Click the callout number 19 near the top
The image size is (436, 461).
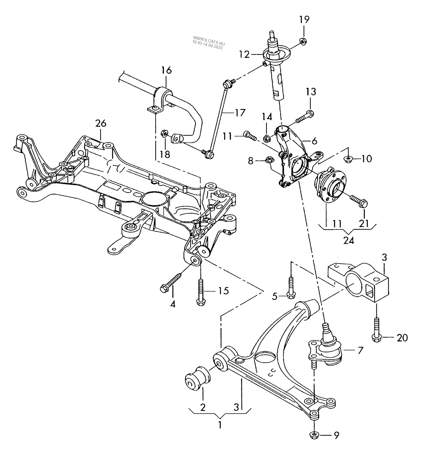coord(304,19)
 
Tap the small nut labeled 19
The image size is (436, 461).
coord(302,42)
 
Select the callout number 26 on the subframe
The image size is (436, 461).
coord(101,123)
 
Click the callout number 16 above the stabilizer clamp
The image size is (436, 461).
coord(167,70)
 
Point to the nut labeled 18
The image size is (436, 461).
coord(164,134)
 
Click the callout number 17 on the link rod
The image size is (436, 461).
coord(240,113)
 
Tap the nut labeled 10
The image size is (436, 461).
coord(347,159)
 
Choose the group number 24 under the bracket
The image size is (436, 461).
coord(349,241)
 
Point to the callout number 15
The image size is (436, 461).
coord(224,291)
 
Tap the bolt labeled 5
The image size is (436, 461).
coord(291,288)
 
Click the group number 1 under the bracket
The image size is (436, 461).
coord(220,425)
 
